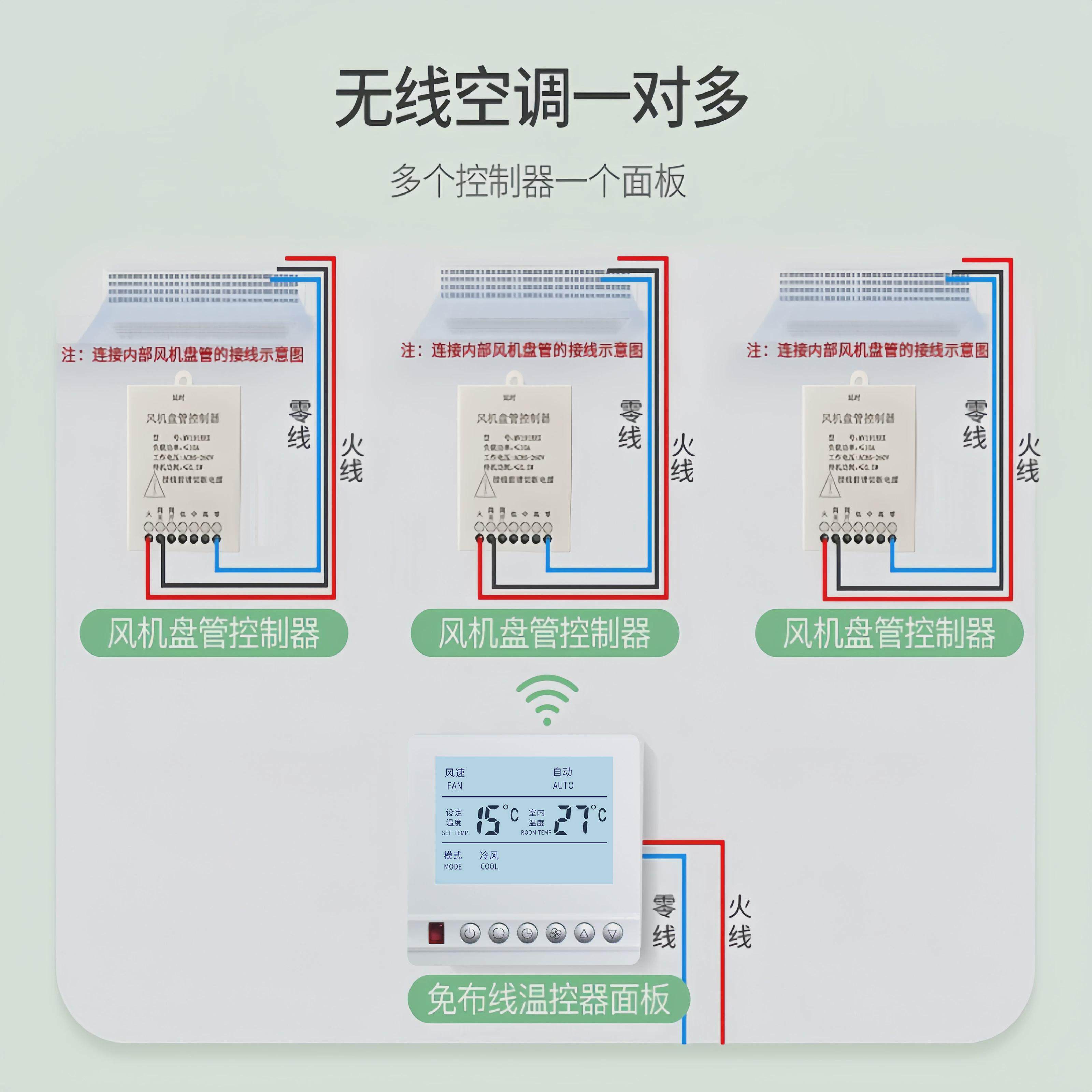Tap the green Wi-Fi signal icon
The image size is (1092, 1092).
547,701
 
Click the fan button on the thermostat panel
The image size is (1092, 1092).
556,933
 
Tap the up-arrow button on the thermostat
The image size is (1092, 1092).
585,933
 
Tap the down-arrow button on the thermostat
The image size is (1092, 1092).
613,933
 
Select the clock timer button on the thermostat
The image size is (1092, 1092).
527,933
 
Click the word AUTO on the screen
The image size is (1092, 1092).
563,786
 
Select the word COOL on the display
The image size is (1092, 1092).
489,866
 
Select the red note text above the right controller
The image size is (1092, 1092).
867,350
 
